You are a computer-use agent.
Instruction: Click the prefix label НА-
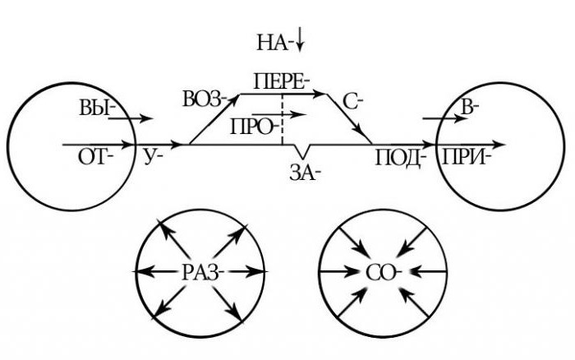(274, 40)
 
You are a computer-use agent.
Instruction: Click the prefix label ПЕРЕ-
(282, 81)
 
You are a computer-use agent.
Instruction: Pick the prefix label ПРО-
(255, 127)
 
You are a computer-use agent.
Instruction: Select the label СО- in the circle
(384, 271)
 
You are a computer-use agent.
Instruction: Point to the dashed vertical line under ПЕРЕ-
(283, 120)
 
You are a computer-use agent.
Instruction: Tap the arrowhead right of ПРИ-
(499, 145)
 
